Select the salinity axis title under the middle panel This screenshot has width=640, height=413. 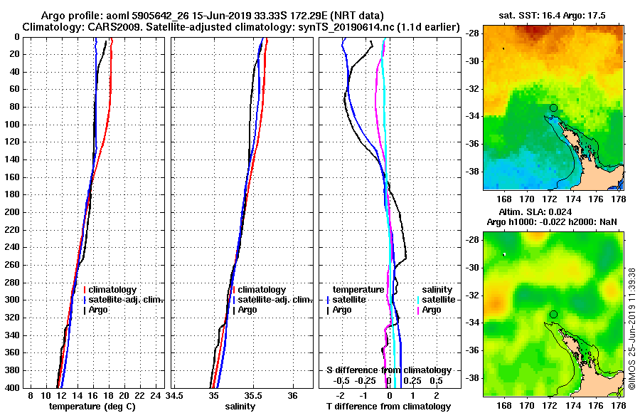tap(240, 407)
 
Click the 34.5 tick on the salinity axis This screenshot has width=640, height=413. tap(174, 395)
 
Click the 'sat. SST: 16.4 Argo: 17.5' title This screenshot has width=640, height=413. tap(551, 15)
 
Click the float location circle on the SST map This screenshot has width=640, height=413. tap(553, 108)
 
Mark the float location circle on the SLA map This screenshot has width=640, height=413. tap(553, 314)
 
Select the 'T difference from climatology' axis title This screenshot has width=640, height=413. tap(389, 407)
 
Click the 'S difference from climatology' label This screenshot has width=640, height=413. tap(388, 370)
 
